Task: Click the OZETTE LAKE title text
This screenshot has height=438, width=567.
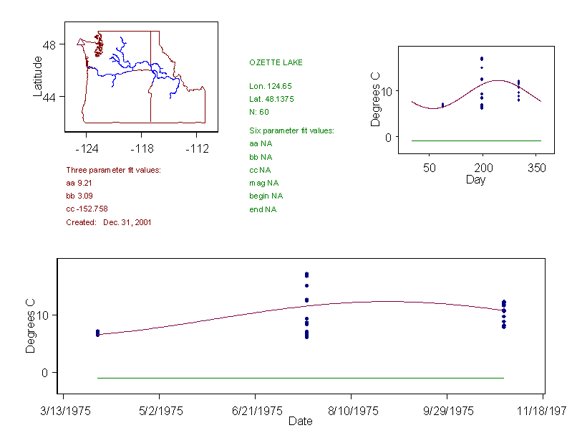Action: click(276, 62)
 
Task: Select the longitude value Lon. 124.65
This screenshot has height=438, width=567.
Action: click(271, 86)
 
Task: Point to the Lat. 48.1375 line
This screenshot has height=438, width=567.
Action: click(271, 98)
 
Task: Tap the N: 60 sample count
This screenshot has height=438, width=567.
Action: click(259, 111)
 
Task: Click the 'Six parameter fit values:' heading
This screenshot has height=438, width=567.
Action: click(291, 130)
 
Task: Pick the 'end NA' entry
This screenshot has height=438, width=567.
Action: click(263, 209)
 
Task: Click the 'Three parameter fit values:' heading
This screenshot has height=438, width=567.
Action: click(113, 170)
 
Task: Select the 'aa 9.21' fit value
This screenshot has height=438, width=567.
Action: click(79, 183)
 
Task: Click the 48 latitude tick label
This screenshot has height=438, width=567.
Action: click(49, 44)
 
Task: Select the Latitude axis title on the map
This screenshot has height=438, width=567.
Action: click(38, 76)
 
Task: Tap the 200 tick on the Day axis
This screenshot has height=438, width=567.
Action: click(483, 168)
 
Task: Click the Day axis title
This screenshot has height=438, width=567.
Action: click(475, 180)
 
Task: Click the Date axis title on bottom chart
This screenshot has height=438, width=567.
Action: click(300, 422)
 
